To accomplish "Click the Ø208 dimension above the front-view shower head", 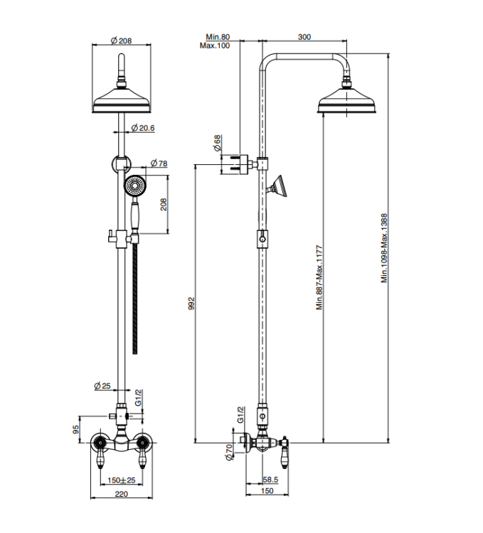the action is [122, 41].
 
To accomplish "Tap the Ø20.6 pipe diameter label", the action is [143, 128].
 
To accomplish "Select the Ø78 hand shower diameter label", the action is [159, 163].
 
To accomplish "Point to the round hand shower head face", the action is [134, 186].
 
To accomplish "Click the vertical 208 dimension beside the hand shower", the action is [164, 205].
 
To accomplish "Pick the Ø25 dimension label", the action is [102, 386].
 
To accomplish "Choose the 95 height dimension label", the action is [76, 429].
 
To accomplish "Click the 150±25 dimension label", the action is [122, 480].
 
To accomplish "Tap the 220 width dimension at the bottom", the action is [122, 494].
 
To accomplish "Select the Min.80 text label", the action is [218, 37].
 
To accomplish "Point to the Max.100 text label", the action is [215, 45].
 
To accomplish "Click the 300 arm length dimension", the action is [304, 37].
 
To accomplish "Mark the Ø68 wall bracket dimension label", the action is [218, 143].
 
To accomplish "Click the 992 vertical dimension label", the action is [191, 303].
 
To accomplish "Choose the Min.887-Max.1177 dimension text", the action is [319, 277].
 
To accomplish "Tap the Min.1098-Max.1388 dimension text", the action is [384, 248].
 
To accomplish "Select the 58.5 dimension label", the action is [270, 480].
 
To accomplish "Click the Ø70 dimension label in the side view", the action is [229, 453].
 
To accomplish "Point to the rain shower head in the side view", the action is [346, 100].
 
